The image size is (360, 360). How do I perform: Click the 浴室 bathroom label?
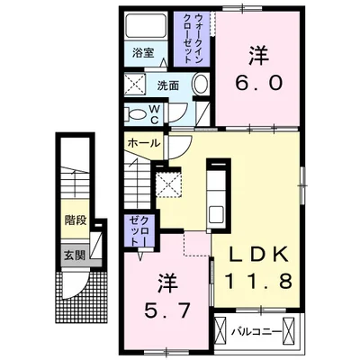pos(139,51)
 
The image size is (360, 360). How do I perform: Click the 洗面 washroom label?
pos(168,86)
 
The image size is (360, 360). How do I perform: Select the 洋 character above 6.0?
pos(258,54)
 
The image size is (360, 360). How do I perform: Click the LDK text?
pos(256,254)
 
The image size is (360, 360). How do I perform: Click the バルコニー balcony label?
pos(255,330)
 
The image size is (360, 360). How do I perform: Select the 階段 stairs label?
pos(74,218)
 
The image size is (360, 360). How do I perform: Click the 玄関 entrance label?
pos(75,255)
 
